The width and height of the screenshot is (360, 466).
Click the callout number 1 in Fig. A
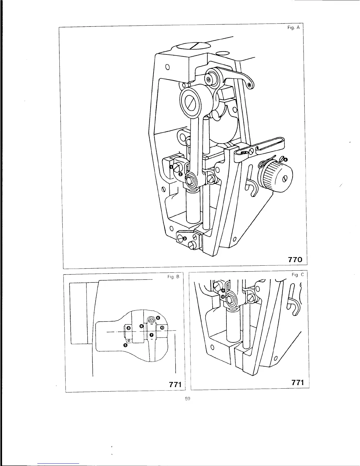point(171,167)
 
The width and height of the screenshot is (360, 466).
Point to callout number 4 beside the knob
point(286,160)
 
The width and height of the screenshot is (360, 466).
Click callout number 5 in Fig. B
point(125,345)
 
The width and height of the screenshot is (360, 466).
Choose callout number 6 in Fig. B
point(158,318)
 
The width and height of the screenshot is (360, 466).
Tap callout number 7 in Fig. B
point(151,335)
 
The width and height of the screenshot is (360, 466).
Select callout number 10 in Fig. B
point(162,327)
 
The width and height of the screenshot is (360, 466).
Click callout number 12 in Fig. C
point(223,297)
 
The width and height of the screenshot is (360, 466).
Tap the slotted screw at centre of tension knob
point(284,179)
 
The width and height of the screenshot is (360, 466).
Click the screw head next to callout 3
point(179,238)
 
